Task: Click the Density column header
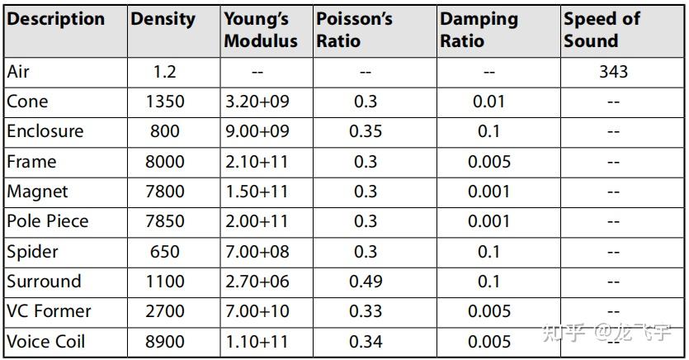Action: [x=163, y=19]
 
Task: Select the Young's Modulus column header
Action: [x=261, y=30]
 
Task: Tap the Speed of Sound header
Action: [x=602, y=30]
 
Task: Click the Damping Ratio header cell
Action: [x=479, y=30]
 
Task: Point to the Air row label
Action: [x=18, y=72]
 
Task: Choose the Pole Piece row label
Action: [x=48, y=221]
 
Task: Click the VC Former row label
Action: [x=49, y=311]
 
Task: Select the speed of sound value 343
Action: [x=613, y=72]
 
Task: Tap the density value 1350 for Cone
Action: [x=165, y=102]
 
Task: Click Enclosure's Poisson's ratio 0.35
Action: [x=366, y=131]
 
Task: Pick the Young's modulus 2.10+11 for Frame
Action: [x=257, y=162]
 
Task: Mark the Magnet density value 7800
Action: [x=165, y=192]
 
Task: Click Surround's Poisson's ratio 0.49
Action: [x=366, y=282]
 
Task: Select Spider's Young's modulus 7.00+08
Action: [x=257, y=252]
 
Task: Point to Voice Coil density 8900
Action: [x=165, y=342]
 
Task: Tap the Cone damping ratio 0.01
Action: [x=489, y=102]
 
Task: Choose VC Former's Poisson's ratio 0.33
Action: [x=366, y=311]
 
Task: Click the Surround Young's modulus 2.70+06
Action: [x=257, y=282]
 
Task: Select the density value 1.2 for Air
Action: [x=165, y=72]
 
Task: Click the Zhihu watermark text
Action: [x=606, y=332]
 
